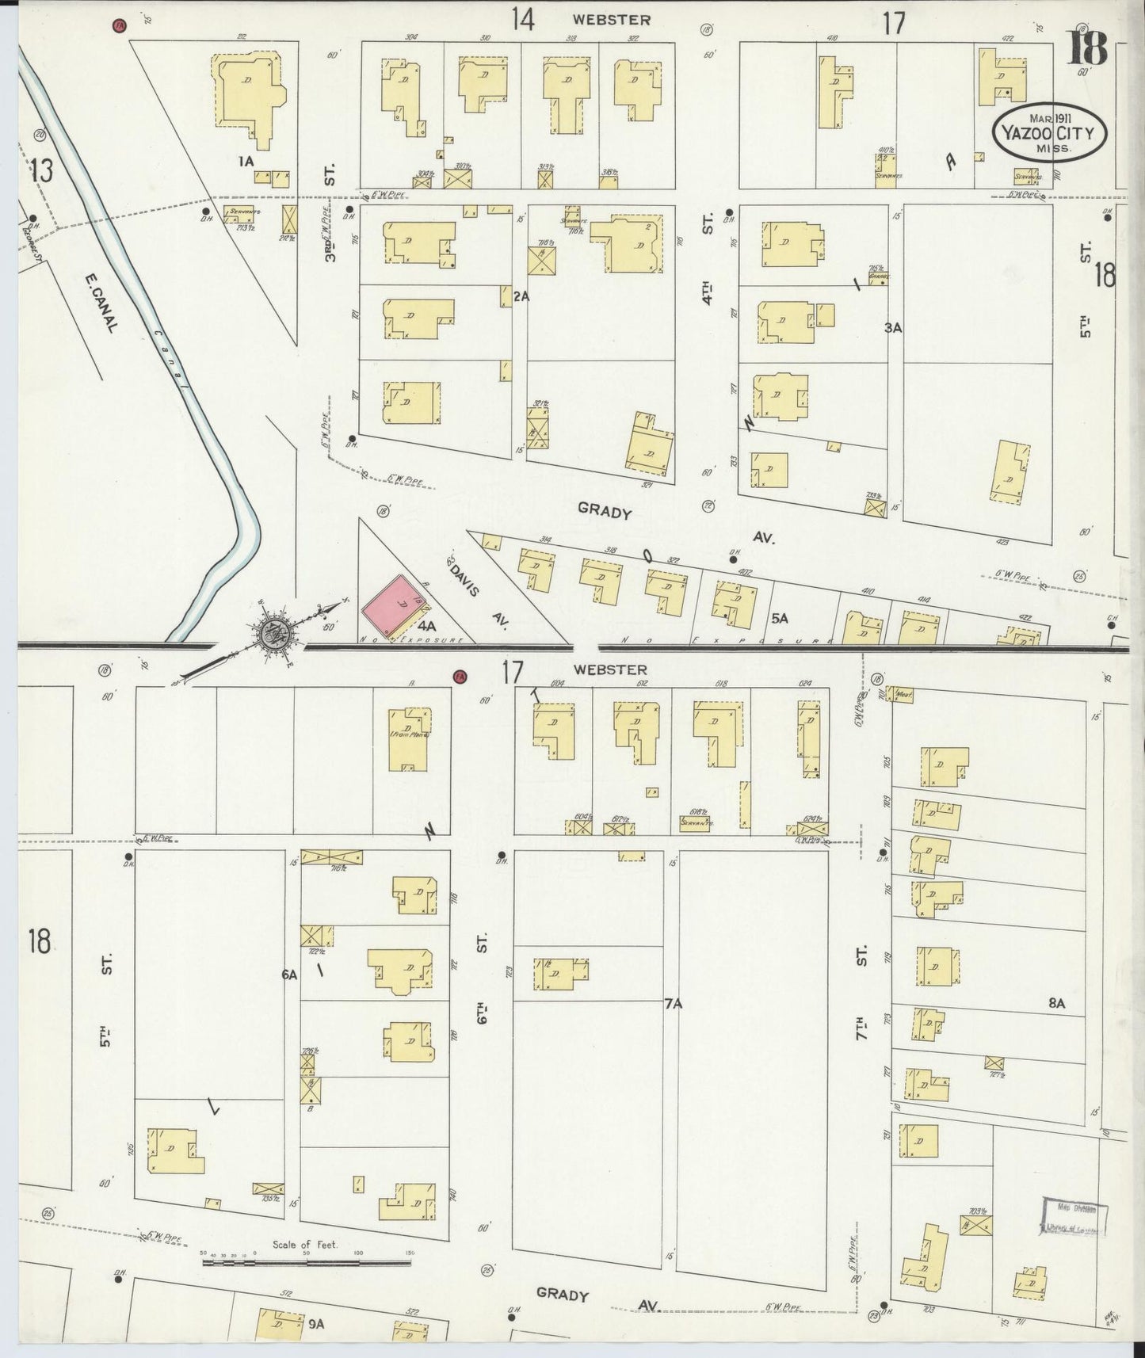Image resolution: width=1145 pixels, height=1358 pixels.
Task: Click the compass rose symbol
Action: pos(276,634)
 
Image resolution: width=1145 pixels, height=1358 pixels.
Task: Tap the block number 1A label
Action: pos(246,161)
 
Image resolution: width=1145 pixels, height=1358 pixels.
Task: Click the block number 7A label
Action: pos(673,1004)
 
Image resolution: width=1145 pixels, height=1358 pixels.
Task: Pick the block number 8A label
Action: pos(1056,1003)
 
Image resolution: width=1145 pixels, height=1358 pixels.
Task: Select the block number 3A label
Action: pos(894,326)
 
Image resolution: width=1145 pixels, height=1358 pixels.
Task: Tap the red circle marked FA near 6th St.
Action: pos(459,677)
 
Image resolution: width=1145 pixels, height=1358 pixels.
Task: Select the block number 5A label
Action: pos(780,617)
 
